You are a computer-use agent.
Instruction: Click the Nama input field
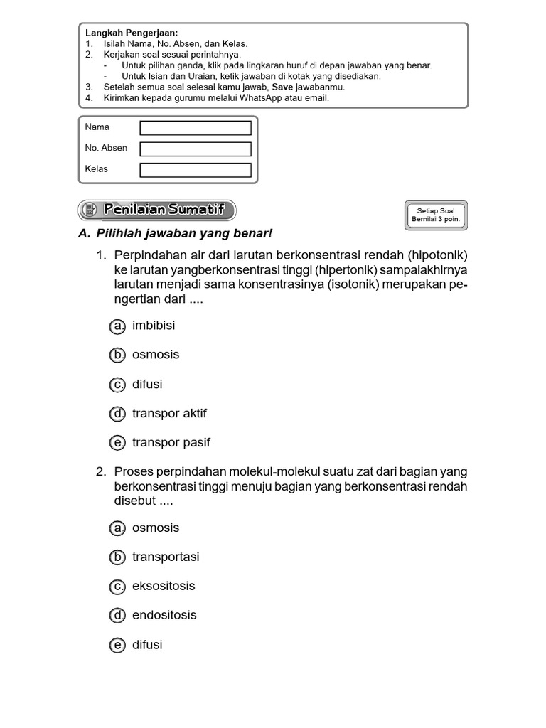click(196, 128)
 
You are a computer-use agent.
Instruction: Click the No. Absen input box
click(196, 149)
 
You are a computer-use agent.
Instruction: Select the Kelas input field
click(196, 170)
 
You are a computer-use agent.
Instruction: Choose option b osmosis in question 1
click(117, 355)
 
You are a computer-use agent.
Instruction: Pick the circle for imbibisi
click(117, 326)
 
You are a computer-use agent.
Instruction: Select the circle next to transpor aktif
click(117, 413)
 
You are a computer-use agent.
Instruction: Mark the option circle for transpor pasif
click(117, 443)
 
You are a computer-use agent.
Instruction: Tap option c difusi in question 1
click(117, 385)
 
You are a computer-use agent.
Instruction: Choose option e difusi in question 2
click(117, 646)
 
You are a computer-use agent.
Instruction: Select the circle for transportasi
click(117, 557)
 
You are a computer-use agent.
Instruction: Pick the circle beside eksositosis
click(117, 587)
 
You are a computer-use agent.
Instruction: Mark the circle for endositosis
click(117, 616)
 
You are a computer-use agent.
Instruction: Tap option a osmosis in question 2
click(117, 528)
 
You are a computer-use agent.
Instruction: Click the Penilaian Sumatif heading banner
click(156, 210)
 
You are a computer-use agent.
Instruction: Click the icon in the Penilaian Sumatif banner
click(90, 210)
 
